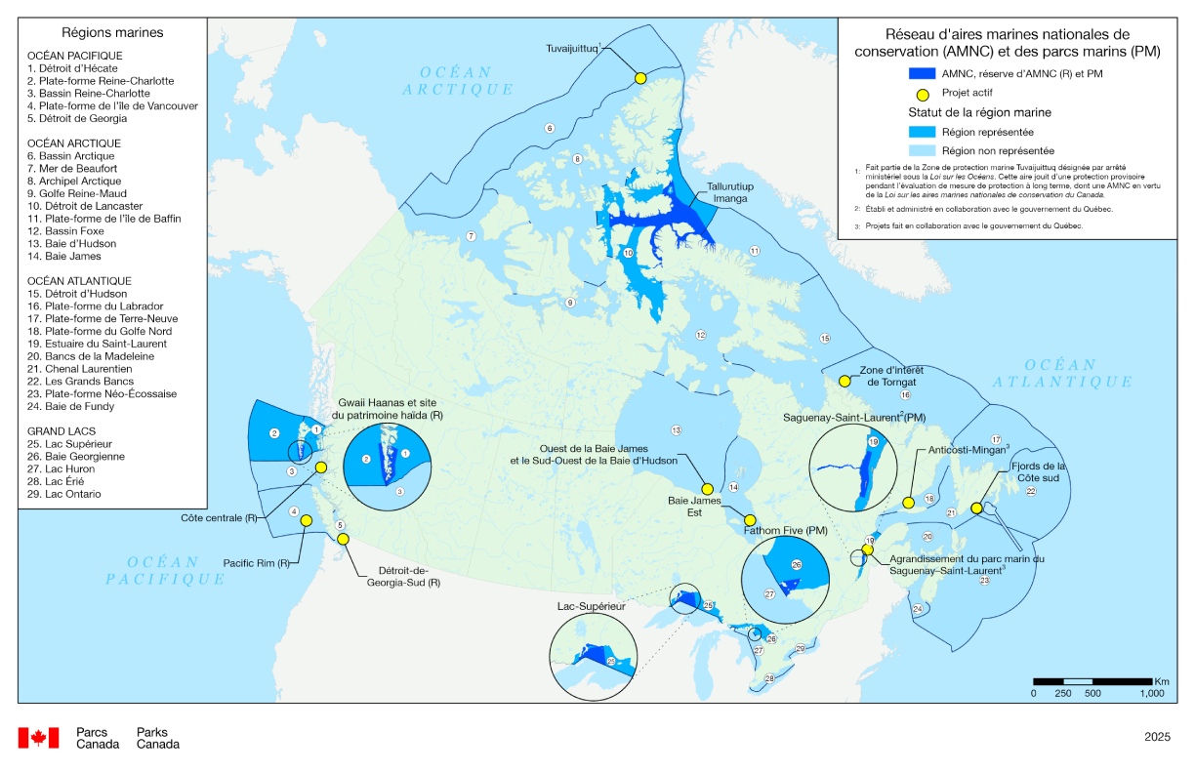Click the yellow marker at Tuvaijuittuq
coord(640,78)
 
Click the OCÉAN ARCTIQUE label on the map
coord(465,80)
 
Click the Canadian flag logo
coord(40,738)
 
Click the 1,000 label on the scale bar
coord(1151,694)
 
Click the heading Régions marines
coord(112,33)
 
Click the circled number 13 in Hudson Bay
coord(675,429)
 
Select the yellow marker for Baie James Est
coord(750,520)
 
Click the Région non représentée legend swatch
coord(922,150)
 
